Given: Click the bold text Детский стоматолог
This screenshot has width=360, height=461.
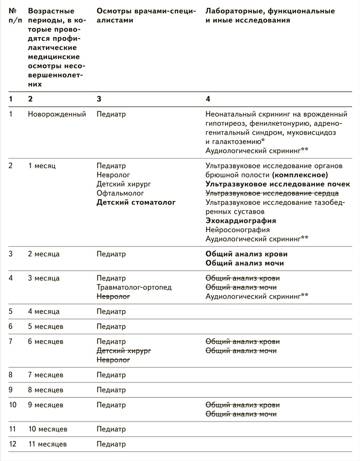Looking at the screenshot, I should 136,202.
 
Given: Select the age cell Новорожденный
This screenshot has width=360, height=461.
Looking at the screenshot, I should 57,114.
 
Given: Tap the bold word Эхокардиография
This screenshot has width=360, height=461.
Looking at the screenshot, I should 241,220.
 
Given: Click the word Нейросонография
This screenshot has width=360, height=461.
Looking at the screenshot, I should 238,230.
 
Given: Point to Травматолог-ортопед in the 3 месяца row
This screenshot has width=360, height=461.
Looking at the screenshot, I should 134,287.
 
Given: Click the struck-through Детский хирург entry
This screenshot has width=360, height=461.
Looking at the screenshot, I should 124,351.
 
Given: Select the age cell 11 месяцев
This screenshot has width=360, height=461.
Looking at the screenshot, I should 47,444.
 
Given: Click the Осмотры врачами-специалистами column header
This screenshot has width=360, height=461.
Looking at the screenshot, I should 146,15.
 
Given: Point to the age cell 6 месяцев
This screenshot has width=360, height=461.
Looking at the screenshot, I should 45,341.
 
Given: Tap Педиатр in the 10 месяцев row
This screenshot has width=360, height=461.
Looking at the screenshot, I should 111,429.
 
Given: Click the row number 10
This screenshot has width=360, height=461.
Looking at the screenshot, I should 13,405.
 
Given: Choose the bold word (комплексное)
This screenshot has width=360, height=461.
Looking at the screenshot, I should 300,175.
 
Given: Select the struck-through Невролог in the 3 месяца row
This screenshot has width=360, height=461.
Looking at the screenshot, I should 113,297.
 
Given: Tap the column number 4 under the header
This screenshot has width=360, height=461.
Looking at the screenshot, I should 208,99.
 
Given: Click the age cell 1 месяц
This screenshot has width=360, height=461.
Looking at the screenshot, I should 42,165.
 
